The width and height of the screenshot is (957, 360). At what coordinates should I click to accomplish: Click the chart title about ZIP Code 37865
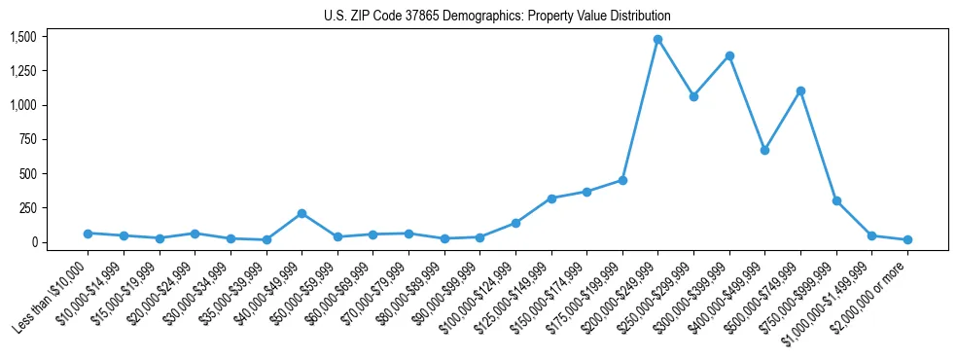point(497,17)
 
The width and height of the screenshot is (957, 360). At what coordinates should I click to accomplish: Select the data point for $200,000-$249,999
point(657,39)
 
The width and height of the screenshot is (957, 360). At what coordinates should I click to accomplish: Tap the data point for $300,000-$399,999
point(729,55)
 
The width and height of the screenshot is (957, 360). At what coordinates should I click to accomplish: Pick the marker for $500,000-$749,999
point(800,90)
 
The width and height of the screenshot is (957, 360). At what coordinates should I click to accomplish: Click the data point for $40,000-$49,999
point(301,213)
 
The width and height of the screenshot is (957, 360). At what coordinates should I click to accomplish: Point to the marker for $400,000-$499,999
point(764,150)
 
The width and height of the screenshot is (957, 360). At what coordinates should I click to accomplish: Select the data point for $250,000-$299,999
point(693,96)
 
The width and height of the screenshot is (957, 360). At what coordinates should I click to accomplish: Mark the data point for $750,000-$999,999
point(836,200)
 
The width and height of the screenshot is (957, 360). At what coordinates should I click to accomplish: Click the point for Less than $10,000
point(88,234)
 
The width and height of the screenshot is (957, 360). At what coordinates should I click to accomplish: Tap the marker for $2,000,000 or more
point(907,239)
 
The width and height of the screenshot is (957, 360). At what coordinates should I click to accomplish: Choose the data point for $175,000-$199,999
point(622,180)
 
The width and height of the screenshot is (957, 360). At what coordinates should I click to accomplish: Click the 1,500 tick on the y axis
point(22,37)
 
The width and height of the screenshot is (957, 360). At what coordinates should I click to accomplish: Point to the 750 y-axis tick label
point(27,139)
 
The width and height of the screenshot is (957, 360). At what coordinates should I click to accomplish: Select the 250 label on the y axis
point(27,208)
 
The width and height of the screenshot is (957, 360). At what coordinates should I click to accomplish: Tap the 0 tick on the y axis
point(33,242)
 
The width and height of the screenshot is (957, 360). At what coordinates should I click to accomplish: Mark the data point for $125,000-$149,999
point(551,198)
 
